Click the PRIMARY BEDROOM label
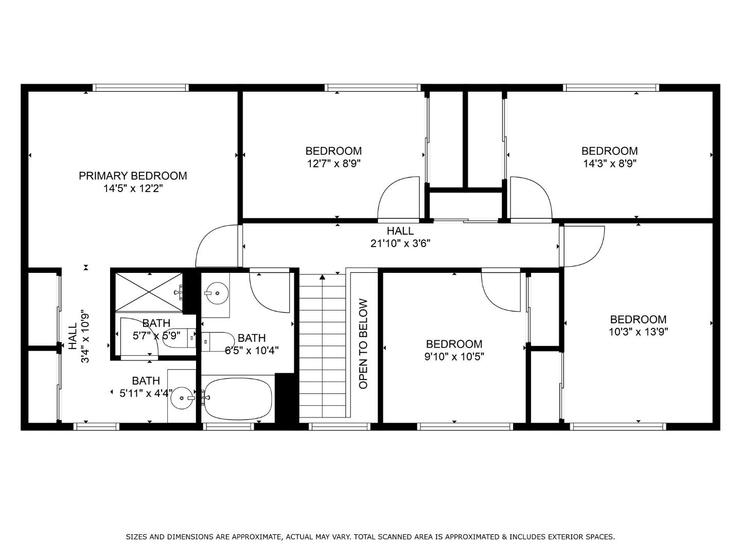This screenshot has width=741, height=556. click(x=132, y=176)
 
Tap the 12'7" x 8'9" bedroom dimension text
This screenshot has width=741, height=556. click(x=333, y=164)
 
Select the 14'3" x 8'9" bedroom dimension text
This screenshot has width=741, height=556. click(x=609, y=164)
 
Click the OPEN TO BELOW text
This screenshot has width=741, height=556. click(x=363, y=344)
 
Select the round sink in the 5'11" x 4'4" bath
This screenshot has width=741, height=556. click(x=181, y=397)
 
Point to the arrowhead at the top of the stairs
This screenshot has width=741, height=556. click(x=322, y=277)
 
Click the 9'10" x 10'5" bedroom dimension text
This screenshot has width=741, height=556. click(x=454, y=357)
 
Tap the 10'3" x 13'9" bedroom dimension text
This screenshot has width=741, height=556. click(x=638, y=332)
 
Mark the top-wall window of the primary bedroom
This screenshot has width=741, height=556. click(x=140, y=88)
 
